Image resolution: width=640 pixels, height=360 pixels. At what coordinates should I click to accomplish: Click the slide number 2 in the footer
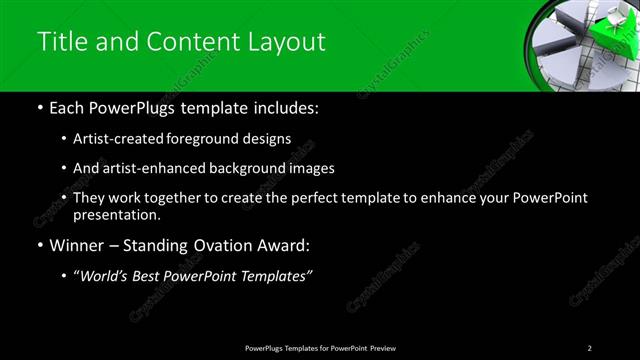tap(590, 347)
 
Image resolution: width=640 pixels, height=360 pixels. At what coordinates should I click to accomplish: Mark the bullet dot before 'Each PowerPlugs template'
tap(39, 108)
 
